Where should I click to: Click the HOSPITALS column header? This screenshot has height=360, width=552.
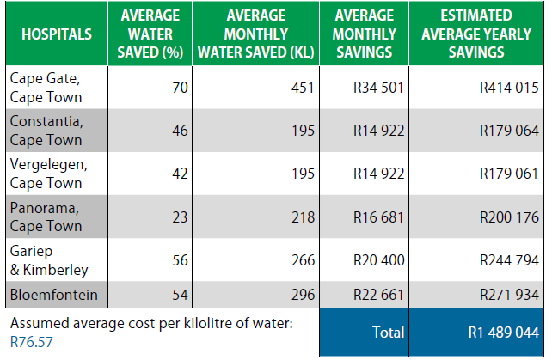[x=57, y=34]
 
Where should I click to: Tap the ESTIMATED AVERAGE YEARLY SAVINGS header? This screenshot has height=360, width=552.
[x=475, y=34]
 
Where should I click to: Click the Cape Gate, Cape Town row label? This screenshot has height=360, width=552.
[x=46, y=87]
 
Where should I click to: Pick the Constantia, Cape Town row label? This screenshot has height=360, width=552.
[x=46, y=130]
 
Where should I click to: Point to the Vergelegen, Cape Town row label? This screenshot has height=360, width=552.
[x=48, y=173]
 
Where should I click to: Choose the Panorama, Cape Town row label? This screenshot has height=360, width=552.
[x=46, y=217]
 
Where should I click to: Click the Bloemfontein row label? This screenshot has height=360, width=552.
[x=53, y=296]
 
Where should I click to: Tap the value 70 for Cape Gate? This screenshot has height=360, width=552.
[x=179, y=88]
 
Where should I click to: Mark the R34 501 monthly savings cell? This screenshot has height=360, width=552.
[x=378, y=88]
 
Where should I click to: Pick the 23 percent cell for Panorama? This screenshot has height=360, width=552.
[x=179, y=217]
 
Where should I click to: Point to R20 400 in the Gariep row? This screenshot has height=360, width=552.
[x=378, y=260]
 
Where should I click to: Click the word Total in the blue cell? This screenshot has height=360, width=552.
[x=387, y=332]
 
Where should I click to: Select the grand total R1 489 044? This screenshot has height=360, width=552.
[x=503, y=332]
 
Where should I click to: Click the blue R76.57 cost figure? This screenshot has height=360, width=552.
[x=29, y=341]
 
